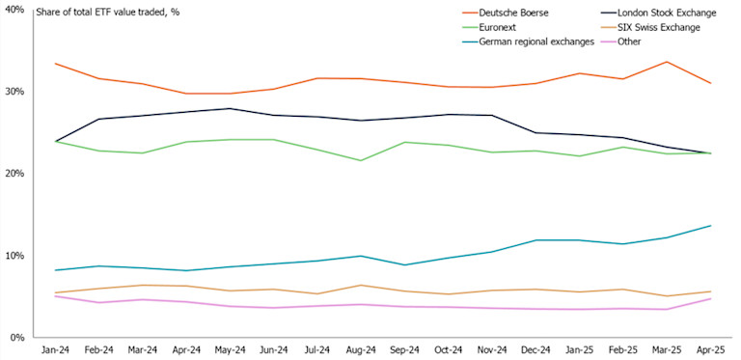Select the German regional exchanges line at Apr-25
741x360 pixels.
(711, 226)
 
